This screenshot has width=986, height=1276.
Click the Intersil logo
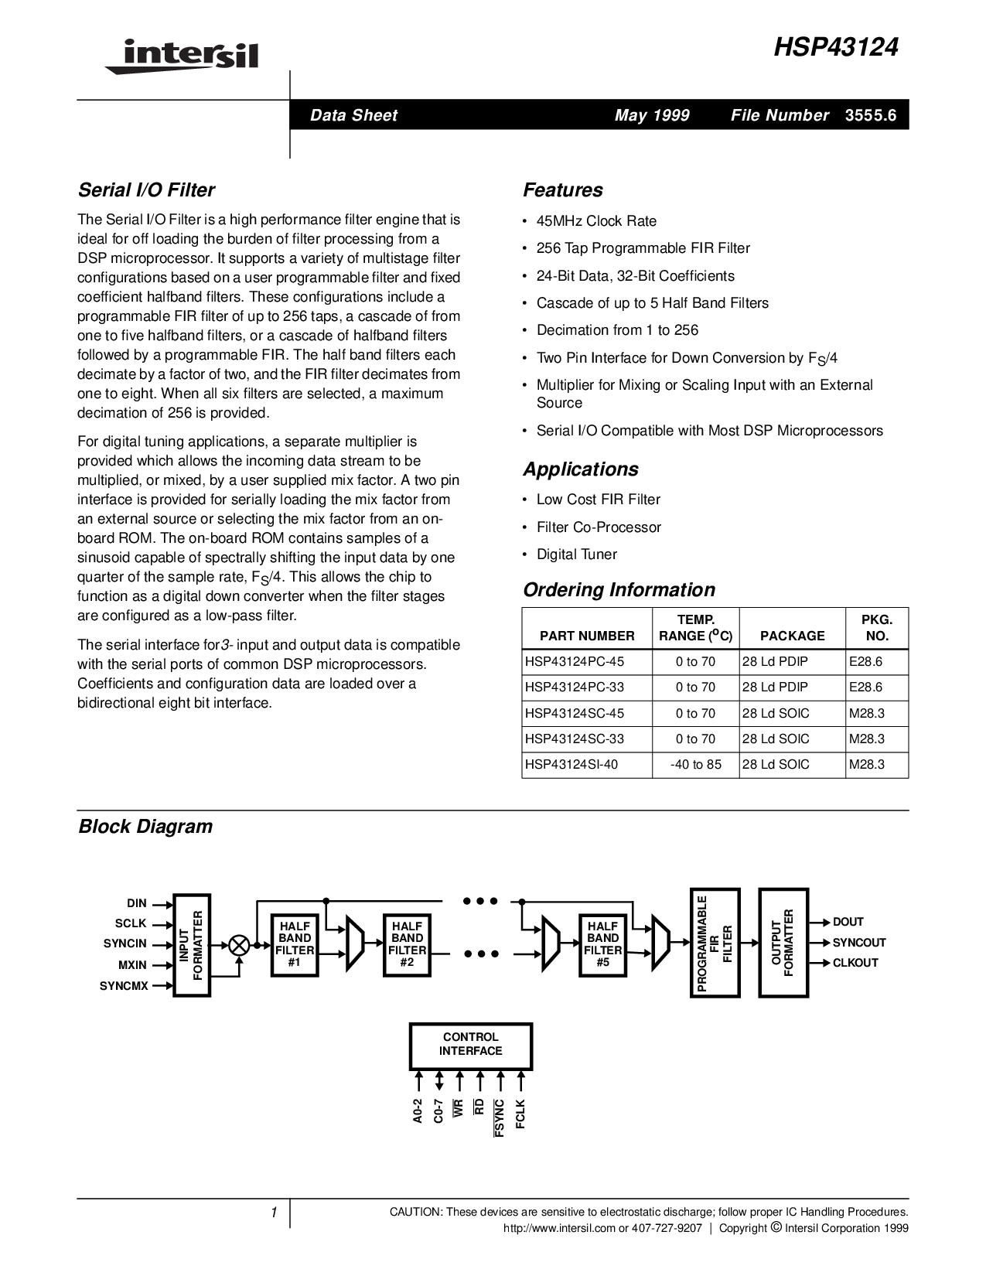[x=183, y=56]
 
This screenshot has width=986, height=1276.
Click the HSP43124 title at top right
[x=836, y=49]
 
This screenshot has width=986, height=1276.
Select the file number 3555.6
[x=871, y=115]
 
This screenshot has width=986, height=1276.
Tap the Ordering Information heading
[x=619, y=590]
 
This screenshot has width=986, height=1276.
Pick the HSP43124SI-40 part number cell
[x=571, y=764]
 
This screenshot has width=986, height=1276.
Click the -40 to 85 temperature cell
[x=696, y=764]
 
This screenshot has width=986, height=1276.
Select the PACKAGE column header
[x=792, y=636]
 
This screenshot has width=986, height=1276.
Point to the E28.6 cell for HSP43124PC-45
[x=866, y=661]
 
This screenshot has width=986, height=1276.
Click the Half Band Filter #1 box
[x=295, y=944]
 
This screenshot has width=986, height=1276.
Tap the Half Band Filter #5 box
[x=603, y=944]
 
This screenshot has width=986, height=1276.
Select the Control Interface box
[x=470, y=1044]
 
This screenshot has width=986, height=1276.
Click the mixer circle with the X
[x=239, y=944]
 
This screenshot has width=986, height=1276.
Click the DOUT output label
[x=848, y=922]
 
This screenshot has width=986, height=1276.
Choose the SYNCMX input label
[x=124, y=986]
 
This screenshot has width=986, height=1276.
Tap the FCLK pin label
[x=520, y=1114]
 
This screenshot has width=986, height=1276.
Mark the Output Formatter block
[x=783, y=943]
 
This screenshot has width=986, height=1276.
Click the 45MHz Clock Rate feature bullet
[x=596, y=221]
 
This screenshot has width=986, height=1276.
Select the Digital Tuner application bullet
[x=577, y=554]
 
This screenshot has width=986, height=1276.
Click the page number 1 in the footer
[x=273, y=1213]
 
